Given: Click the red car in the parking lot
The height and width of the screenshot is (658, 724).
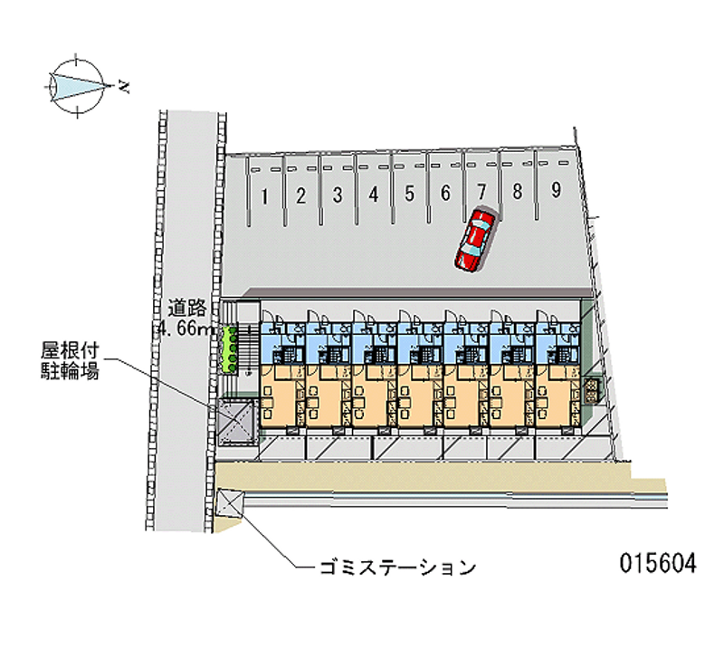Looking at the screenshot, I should click(475, 240).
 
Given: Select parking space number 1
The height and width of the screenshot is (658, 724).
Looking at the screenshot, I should click(264, 195).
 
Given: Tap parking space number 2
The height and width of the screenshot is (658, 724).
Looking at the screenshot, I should click(301, 195).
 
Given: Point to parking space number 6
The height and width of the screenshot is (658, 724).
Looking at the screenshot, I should click(445, 192).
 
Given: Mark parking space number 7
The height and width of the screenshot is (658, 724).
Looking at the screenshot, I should click(481, 191).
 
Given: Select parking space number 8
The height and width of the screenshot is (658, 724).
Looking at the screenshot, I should click(517, 191).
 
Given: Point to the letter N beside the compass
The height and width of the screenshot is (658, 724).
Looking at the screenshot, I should click(124, 88).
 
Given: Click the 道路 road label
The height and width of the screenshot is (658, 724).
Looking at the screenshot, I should click(186, 308).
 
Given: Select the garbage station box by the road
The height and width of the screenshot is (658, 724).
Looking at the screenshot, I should click(230, 503).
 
